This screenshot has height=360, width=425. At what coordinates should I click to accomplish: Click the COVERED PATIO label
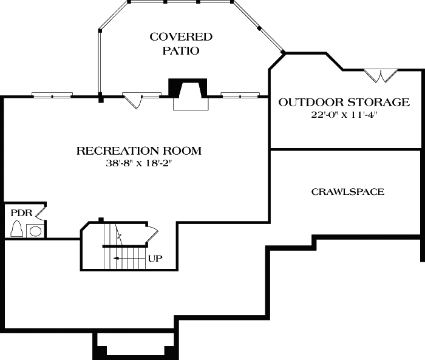[x=181, y=44]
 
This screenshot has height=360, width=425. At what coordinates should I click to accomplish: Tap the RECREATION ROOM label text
[x=139, y=151]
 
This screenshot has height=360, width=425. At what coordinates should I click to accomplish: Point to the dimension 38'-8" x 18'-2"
[x=139, y=163]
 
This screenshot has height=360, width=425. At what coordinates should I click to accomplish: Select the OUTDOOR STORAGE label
[x=344, y=102]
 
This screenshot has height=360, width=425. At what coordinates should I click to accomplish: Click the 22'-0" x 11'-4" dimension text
[x=344, y=115]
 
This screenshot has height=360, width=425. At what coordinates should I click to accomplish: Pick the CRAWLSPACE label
[x=347, y=192]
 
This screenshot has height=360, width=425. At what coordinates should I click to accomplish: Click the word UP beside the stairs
[x=155, y=258]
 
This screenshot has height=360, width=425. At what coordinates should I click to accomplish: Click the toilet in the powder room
[x=17, y=229]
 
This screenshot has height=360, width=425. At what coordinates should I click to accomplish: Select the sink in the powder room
[x=35, y=231]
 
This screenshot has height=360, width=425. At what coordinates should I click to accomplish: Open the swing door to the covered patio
[x=135, y=100]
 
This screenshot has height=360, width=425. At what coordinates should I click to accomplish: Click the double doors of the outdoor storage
[x=381, y=75]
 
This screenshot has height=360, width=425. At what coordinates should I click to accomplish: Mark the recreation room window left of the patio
[x=52, y=95]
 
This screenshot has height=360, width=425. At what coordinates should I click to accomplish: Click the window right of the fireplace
[x=238, y=95]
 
